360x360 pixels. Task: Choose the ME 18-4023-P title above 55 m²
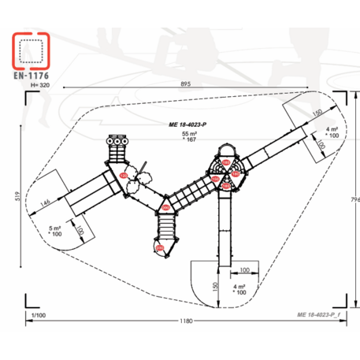186,124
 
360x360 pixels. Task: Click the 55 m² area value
187,134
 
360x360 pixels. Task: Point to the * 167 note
187,142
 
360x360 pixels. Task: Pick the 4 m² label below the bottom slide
239,286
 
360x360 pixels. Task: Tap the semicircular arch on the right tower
225,150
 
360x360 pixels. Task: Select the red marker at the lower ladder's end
160,249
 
